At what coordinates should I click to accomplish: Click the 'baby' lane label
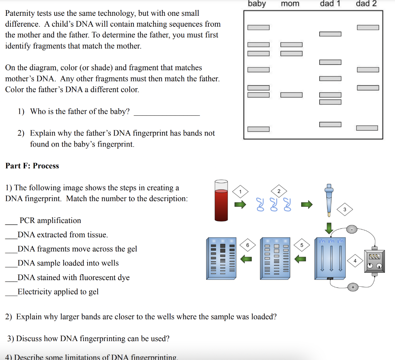point(257,4)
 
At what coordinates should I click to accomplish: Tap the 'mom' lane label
point(290,4)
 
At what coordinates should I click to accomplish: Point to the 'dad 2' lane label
point(366,4)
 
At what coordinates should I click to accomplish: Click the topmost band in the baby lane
point(258,27)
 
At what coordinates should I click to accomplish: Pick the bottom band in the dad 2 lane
point(368,128)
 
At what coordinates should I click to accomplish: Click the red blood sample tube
point(221,200)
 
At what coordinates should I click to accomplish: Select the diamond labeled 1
point(240,191)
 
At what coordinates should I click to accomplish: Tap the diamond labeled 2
point(279,191)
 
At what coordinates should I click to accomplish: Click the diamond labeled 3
point(345,210)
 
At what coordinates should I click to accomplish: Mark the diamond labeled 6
point(248,245)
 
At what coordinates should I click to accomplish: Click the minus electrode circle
point(352,230)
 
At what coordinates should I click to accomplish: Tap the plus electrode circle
point(352,287)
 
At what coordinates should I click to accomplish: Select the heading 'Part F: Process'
point(32,166)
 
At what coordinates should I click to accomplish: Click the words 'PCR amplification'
point(50,220)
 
